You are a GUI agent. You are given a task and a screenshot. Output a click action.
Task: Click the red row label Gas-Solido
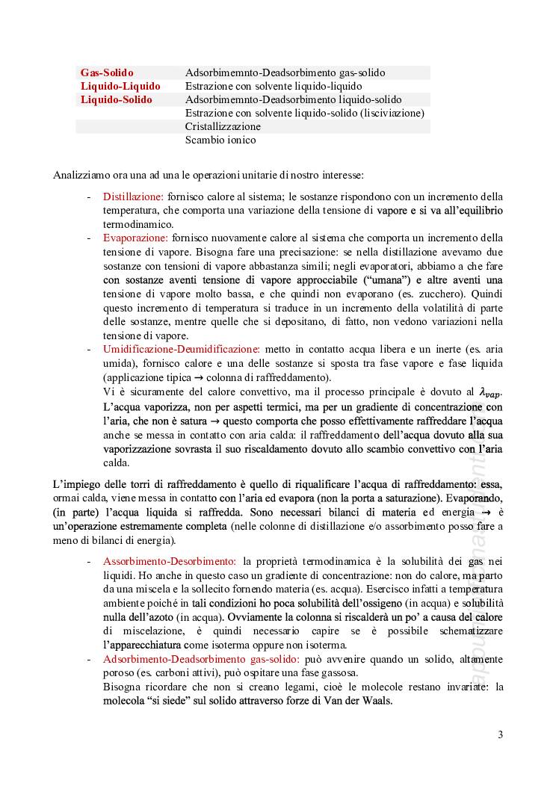[107, 73]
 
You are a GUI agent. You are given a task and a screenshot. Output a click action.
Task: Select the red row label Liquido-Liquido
[120, 87]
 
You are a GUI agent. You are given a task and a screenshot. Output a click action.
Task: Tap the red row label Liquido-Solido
[116, 100]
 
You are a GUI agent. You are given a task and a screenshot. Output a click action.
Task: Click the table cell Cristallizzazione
[223, 127]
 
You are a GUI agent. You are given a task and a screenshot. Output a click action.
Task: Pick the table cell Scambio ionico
[220, 140]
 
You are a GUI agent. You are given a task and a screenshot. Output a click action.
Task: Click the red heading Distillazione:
[133, 197]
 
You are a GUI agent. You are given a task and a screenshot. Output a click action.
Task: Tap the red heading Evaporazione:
[136, 238]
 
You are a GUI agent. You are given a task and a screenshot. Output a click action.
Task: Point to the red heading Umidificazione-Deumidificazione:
[182, 349]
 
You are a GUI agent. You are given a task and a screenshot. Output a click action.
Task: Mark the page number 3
[501, 734]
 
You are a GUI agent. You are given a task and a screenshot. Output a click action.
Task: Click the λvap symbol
[491, 392]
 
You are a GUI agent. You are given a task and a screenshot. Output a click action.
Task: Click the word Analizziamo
[81, 175]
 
